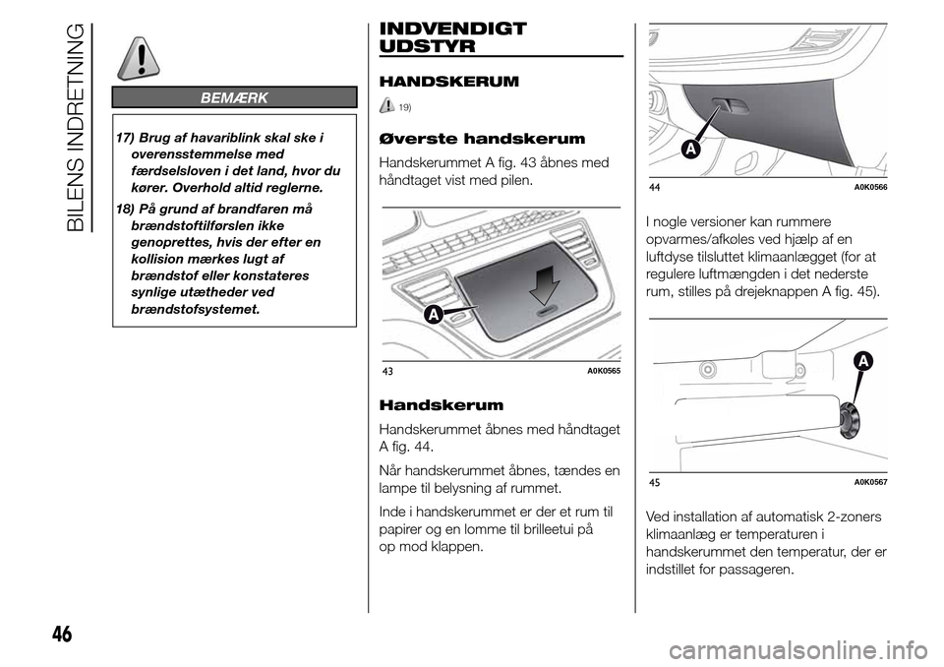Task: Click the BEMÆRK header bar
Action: [233, 96]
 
